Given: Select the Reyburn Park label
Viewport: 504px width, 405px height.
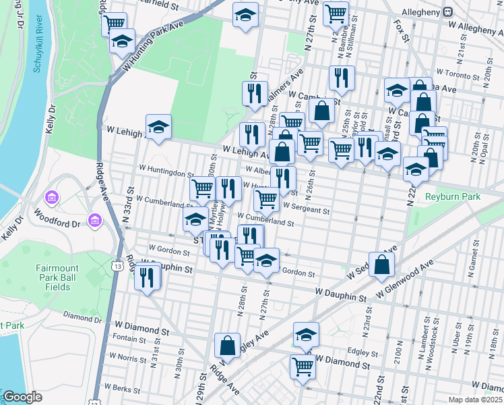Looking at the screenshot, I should (453, 196).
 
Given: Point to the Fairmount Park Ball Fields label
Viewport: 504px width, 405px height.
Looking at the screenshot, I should (57, 277).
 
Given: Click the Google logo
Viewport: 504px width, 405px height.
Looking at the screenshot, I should (22, 397).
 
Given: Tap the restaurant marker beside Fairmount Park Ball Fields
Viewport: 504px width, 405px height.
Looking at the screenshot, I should (147, 277).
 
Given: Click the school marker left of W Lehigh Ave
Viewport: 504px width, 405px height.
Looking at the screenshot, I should (158, 126).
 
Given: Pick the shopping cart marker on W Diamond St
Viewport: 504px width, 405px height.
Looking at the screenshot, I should (303, 367).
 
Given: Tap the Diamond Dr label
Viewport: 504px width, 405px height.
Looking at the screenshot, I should (82, 315).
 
